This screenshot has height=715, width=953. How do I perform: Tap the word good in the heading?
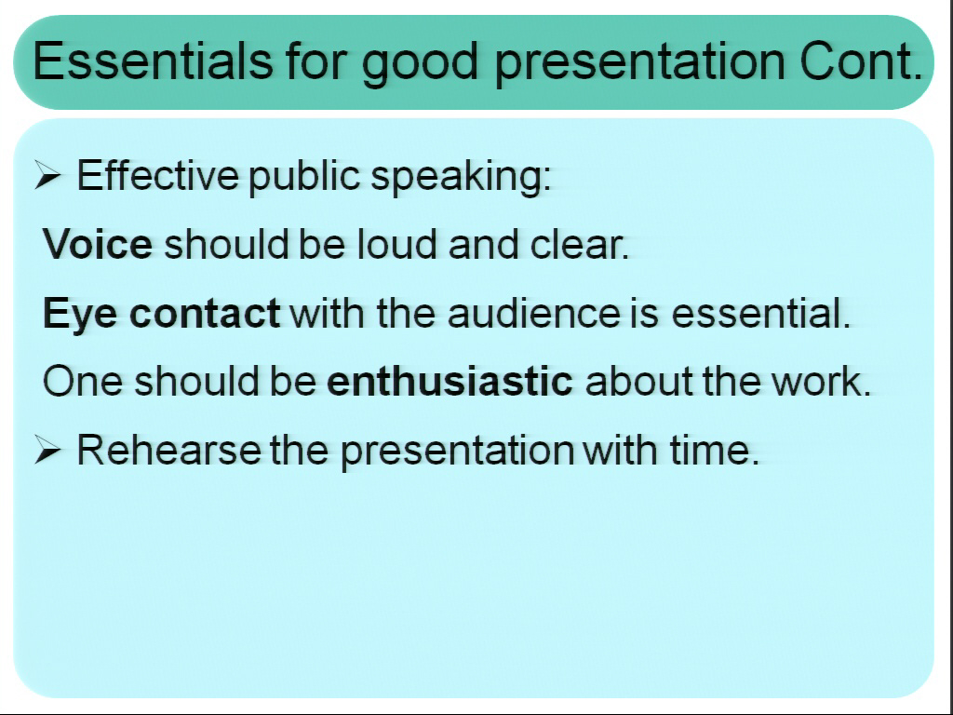pyautogui.click(x=420, y=65)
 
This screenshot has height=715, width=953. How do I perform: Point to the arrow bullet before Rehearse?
pyautogui.click(x=47, y=450)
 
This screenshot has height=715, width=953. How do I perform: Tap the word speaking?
pyautogui.click(x=461, y=178)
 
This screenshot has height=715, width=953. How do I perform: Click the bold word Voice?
pyautogui.click(x=98, y=245)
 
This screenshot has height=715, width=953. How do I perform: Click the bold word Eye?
pyautogui.click(x=80, y=315)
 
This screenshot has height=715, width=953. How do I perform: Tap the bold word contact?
pyautogui.click(x=205, y=314)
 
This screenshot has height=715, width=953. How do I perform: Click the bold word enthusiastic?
pyautogui.click(x=450, y=381)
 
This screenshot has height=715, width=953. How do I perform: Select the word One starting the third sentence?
pyautogui.click(x=83, y=382)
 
